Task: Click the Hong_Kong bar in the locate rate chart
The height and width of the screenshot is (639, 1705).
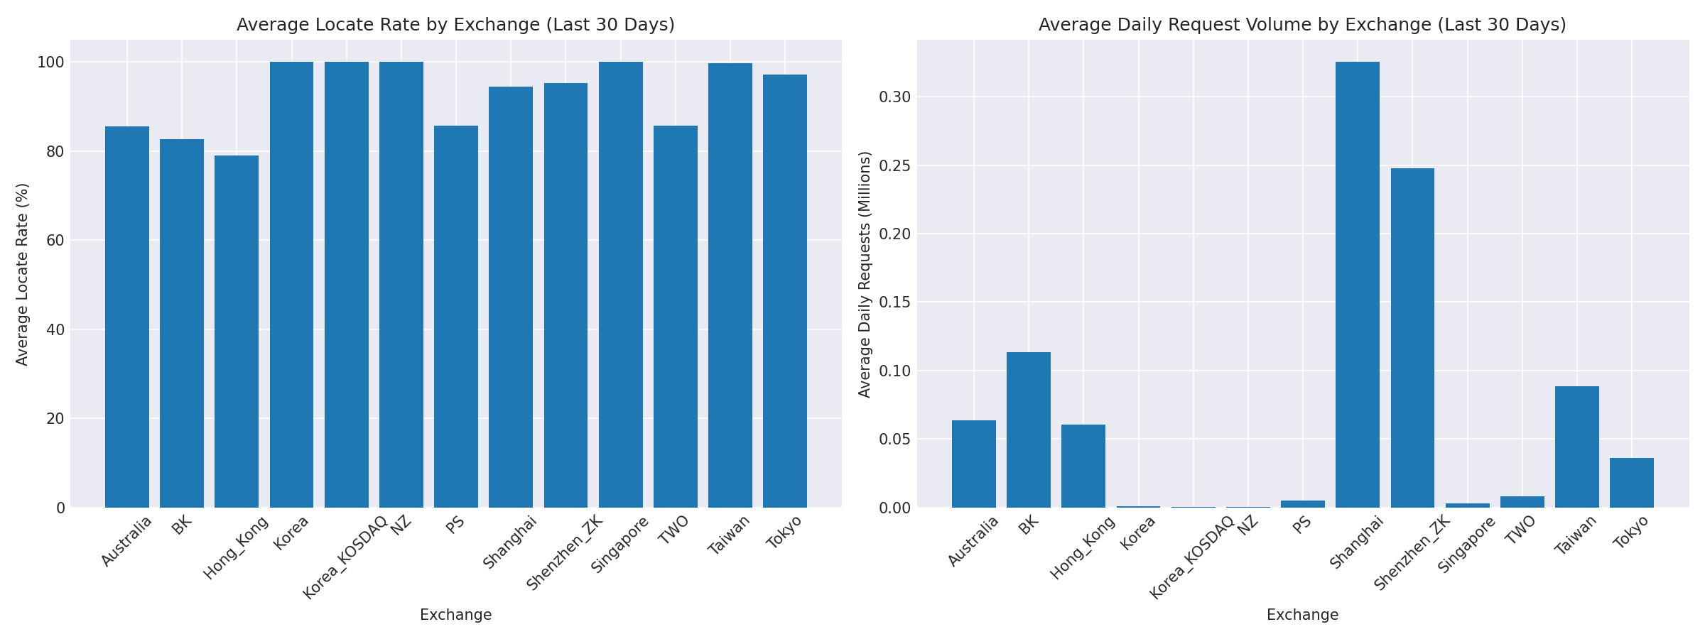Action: pyautogui.click(x=237, y=331)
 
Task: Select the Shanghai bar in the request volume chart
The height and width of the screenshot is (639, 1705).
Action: pyautogui.click(x=1358, y=284)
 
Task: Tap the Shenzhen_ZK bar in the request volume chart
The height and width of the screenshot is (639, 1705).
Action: pyautogui.click(x=1412, y=337)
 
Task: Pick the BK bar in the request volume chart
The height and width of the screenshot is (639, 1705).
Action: pyautogui.click(x=1029, y=430)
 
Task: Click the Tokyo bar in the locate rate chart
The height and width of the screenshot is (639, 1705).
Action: pyautogui.click(x=785, y=291)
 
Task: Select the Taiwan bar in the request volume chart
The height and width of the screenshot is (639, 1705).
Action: pyautogui.click(x=1577, y=447)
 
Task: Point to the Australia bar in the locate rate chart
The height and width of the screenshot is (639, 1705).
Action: pyautogui.click(x=127, y=317)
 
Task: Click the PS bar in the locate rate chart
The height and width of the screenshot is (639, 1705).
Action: pyautogui.click(x=456, y=317)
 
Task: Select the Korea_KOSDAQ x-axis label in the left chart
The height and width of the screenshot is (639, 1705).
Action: pyautogui.click(x=345, y=558)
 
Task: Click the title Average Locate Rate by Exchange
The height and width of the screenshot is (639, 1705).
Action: pyautogui.click(x=455, y=25)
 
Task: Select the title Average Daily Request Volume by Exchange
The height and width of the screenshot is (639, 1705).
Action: pyautogui.click(x=1302, y=25)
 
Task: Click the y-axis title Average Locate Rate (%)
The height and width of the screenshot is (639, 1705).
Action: pyautogui.click(x=22, y=274)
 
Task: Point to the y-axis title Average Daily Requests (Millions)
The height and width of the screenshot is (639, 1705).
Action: pyautogui.click(x=865, y=274)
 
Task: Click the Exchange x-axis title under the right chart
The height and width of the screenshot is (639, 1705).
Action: pyautogui.click(x=1302, y=615)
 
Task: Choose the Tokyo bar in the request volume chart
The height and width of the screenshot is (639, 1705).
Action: pyautogui.click(x=1632, y=483)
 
